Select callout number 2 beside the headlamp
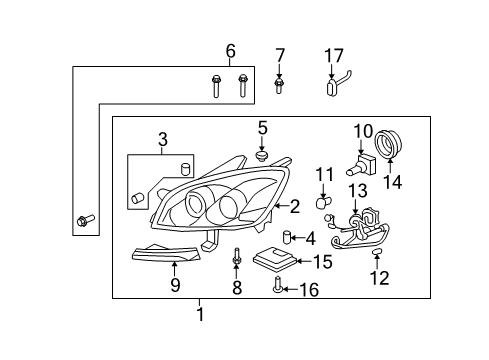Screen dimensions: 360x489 click(294, 207)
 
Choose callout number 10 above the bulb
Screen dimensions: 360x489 click(362, 130)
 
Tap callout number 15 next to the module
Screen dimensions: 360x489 click(322, 262)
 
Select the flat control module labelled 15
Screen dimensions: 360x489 click(277, 260)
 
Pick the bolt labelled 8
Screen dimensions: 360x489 click(237, 259)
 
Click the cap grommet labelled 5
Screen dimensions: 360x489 click(262, 156)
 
